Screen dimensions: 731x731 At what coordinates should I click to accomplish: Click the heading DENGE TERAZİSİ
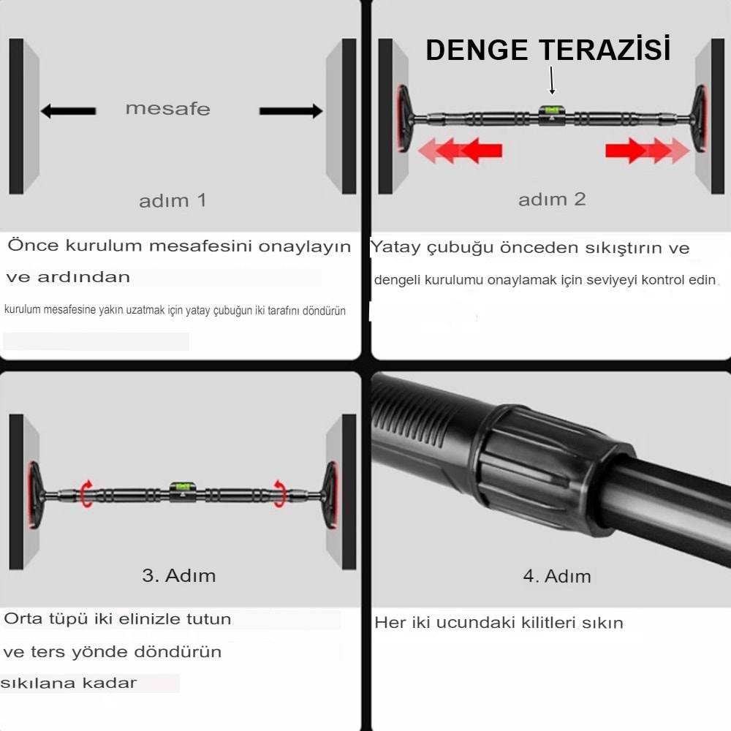[x=548, y=50]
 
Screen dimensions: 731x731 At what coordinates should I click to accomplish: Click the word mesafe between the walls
[x=167, y=109]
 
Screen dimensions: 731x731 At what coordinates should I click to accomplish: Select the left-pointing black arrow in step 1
[x=68, y=111]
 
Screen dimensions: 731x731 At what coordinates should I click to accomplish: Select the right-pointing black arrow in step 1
[x=291, y=111]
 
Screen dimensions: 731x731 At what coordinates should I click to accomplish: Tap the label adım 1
[x=173, y=200]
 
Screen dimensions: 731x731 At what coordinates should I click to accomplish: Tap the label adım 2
[x=552, y=199]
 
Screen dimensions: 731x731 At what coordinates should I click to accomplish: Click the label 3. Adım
[x=179, y=575]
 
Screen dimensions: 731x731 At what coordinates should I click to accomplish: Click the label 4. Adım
[x=557, y=576]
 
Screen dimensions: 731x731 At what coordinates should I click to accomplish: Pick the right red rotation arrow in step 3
[x=279, y=493]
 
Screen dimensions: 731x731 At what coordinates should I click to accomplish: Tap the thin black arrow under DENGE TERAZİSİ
[x=552, y=80]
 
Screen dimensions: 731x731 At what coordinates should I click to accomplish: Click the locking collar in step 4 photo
[x=541, y=468]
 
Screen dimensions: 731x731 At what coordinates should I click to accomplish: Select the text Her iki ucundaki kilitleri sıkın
[x=499, y=623]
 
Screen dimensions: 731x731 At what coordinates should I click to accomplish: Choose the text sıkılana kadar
[x=69, y=683]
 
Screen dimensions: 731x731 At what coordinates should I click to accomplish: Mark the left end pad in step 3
[x=34, y=493]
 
